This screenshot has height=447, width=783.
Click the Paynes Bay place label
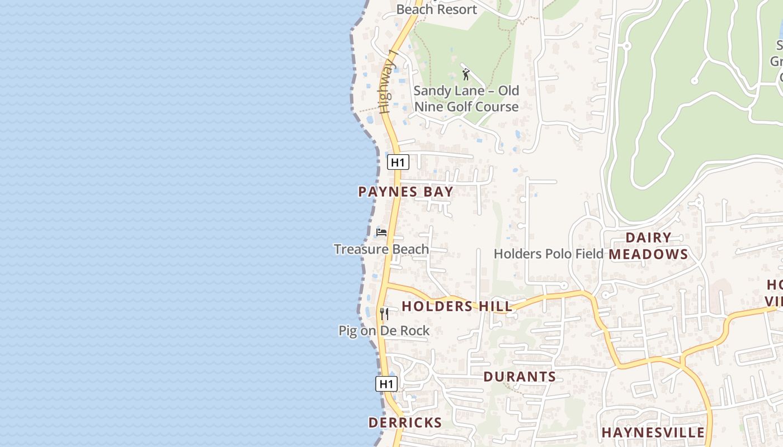405,192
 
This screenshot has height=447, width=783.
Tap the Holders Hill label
457,306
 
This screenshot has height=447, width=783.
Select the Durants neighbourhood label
520,377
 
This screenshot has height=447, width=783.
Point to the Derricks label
405,422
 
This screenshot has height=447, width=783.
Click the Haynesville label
653,432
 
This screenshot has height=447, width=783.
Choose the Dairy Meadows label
648,246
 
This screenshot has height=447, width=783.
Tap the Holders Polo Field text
548,254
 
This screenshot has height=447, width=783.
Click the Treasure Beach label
381,249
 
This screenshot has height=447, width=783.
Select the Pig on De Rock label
384,331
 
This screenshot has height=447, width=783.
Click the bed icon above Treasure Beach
381,232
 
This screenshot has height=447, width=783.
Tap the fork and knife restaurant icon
384,313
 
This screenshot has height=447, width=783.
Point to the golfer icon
466,73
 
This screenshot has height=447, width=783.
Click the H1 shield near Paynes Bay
398,163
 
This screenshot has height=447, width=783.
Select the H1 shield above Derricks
386,384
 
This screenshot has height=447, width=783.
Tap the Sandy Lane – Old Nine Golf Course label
466,98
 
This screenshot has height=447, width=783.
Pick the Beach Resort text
436,9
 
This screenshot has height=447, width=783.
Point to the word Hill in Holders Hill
495,306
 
